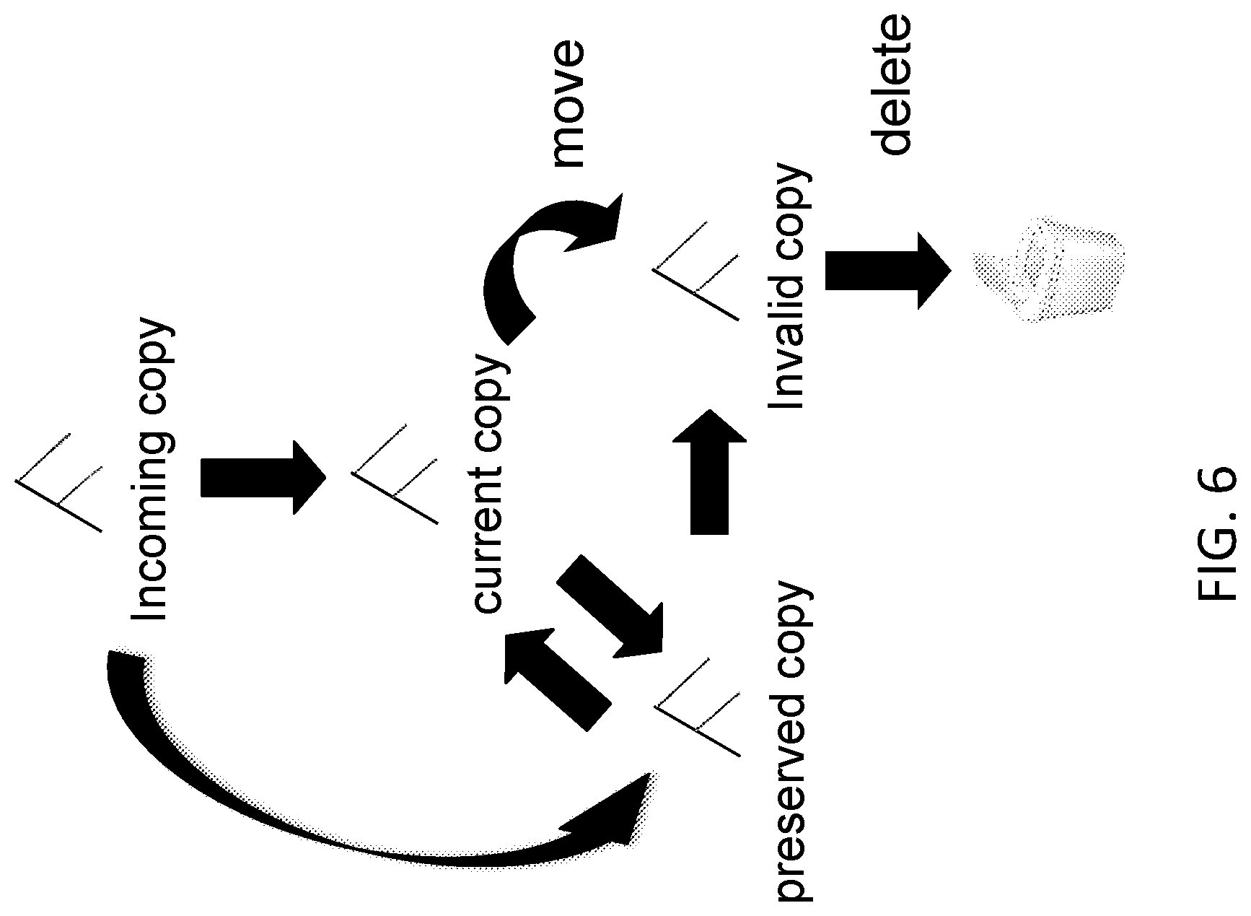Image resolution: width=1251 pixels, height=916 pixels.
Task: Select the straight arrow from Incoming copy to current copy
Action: click(x=263, y=478)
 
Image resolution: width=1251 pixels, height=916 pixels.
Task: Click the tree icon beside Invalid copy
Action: click(x=696, y=270)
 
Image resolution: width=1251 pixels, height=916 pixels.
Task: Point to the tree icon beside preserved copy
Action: click(x=697, y=706)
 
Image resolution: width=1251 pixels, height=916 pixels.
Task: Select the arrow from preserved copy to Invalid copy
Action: click(x=710, y=472)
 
